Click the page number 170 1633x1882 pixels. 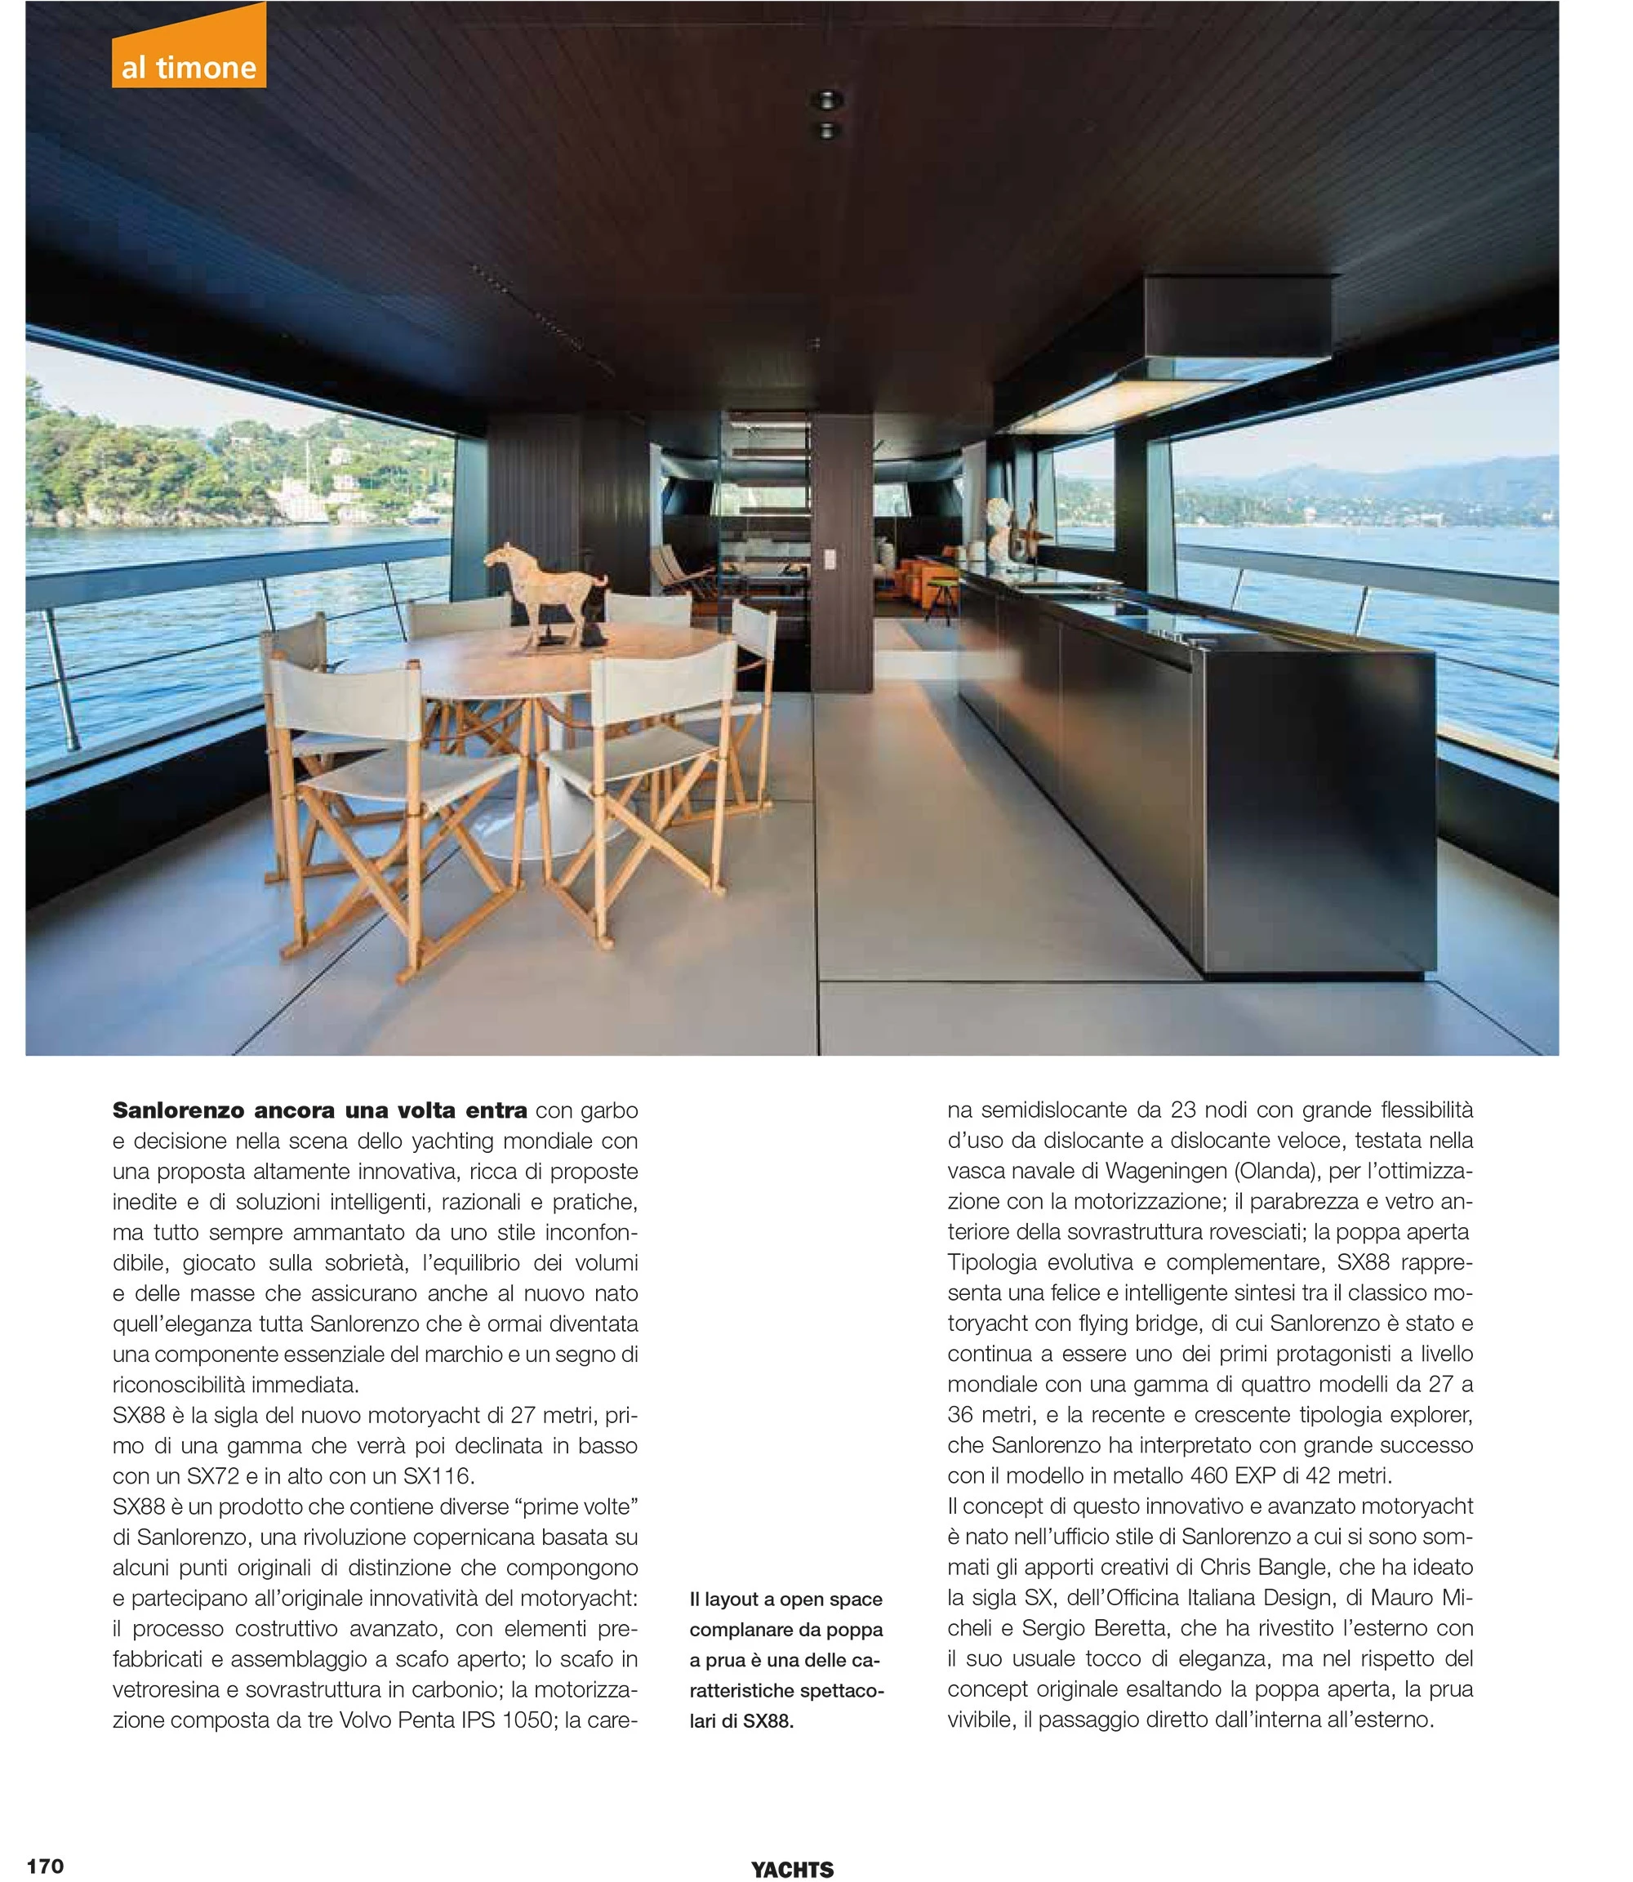click(46, 1866)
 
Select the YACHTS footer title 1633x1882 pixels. click(792, 1869)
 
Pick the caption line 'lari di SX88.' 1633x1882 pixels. click(741, 1722)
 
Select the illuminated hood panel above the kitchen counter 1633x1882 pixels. click(1116, 401)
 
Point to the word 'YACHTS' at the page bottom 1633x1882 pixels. click(792, 1869)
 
